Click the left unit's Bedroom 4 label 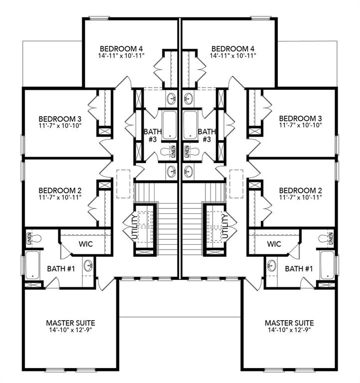pyautogui.click(x=122, y=48)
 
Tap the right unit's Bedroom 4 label pyautogui.click(x=233, y=48)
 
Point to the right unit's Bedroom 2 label pyautogui.click(x=300, y=191)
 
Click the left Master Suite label pyautogui.click(x=70, y=323)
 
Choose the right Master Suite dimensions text pyautogui.click(x=289, y=330)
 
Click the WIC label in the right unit pyautogui.click(x=274, y=244)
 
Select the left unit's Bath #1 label pyautogui.click(x=61, y=269)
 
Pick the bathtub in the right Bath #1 pyautogui.click(x=328, y=265)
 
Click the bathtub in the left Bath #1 pyautogui.click(x=32, y=265)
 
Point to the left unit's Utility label pyautogui.click(x=134, y=227)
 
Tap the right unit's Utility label pyautogui.click(x=225, y=227)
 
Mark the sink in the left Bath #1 pyautogui.click(x=88, y=265)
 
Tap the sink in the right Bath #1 pyautogui.click(x=272, y=265)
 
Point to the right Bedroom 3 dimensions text pyautogui.click(x=300, y=126)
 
